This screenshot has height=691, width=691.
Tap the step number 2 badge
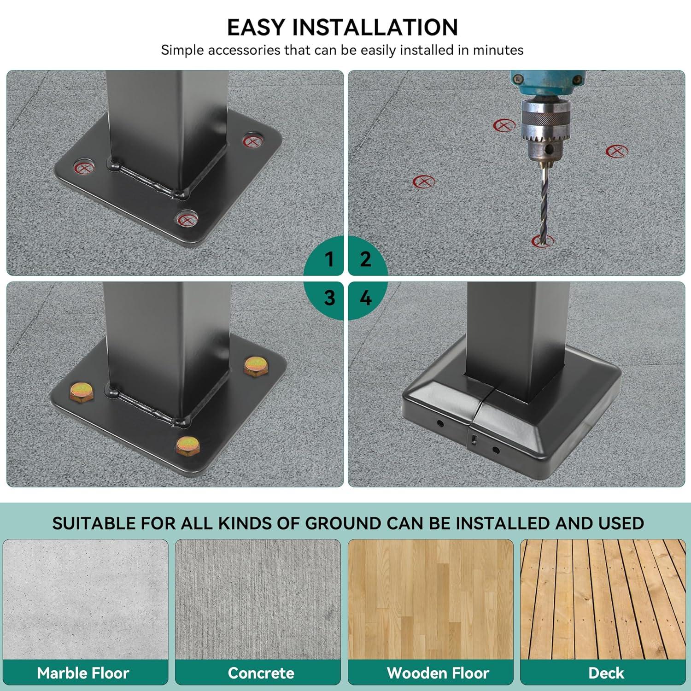[x=365, y=259]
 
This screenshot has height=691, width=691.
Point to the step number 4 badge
[x=365, y=298]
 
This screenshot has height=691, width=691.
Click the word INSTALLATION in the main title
[x=375, y=27]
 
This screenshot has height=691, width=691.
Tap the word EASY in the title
[x=256, y=27]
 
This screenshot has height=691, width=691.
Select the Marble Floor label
[x=83, y=673]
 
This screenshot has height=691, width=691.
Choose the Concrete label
[x=261, y=673]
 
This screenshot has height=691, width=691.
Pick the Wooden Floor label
[x=438, y=673]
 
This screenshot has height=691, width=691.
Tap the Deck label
[x=606, y=673]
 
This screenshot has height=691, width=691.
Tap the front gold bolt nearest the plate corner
[x=188, y=445]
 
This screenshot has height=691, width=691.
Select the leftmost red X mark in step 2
[x=424, y=182]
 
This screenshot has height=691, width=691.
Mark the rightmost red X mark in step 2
[x=617, y=151]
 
